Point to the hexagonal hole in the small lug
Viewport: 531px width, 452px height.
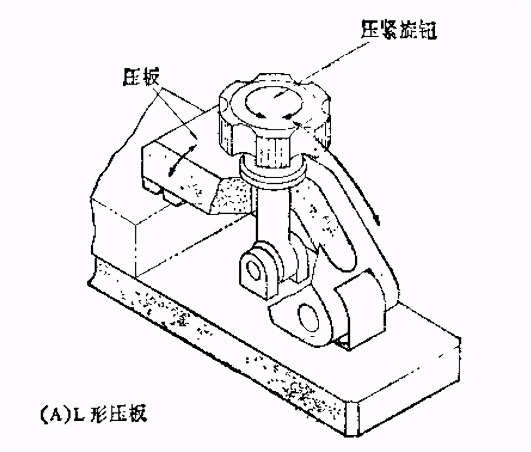(256, 269)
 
